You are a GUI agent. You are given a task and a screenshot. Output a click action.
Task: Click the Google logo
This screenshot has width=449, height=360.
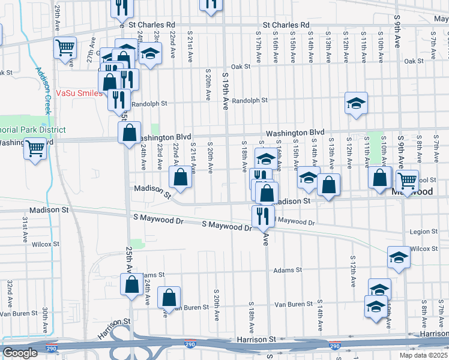(20, 353)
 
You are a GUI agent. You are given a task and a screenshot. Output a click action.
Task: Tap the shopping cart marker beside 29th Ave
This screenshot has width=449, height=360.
(65, 49)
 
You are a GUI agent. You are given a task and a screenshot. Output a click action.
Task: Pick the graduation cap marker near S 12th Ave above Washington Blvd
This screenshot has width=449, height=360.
(356, 103)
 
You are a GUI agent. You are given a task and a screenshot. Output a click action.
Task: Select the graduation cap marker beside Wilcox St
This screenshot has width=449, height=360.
(398, 257)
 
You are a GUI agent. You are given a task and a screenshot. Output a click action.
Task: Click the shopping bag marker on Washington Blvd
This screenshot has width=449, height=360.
(129, 133)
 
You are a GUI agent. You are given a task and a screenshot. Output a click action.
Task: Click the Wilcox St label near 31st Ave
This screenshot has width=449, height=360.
(46, 244)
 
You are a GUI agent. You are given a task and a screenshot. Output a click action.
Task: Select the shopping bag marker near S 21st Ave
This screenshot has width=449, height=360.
(180, 176)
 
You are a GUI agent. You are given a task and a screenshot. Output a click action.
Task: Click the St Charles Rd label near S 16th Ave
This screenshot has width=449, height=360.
(286, 25)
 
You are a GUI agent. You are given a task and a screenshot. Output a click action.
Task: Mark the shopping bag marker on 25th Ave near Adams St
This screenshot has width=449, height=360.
(131, 284)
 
